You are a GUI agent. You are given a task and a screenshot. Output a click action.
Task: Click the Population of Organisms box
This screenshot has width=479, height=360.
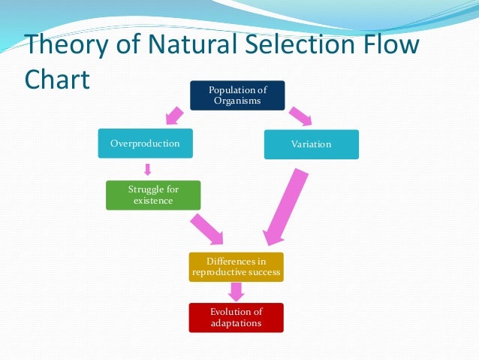coord(237,95)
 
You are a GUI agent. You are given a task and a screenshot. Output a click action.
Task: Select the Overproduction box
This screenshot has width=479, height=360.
coord(145,144)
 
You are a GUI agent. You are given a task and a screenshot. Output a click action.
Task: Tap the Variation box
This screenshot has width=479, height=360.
coord(311,144)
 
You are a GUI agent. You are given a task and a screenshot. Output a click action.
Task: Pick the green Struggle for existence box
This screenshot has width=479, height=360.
coord(152,195)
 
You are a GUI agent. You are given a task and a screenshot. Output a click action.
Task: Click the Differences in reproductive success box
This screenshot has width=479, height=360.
coord(236,267)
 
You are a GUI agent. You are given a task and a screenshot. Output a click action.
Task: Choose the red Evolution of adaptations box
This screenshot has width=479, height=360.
coord(236,317)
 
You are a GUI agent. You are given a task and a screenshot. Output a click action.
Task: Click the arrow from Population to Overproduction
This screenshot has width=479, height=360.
coord(174,115)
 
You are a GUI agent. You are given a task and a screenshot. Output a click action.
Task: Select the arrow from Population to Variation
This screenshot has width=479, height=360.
coord(300,116)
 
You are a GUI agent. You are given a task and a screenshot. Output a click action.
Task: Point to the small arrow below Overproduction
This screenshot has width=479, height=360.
coord(147,169)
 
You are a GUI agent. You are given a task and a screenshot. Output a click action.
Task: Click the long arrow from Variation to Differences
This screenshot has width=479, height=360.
coord(285,207)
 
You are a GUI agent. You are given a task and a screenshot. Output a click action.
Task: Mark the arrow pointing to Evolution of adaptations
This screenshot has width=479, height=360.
coord(236,292)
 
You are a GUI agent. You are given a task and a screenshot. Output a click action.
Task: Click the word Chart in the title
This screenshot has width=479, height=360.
coord(57,79)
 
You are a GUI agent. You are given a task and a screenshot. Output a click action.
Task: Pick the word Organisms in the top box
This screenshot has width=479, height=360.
coord(237,101)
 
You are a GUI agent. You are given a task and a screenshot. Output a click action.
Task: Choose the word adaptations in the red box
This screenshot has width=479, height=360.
coord(236,323)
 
